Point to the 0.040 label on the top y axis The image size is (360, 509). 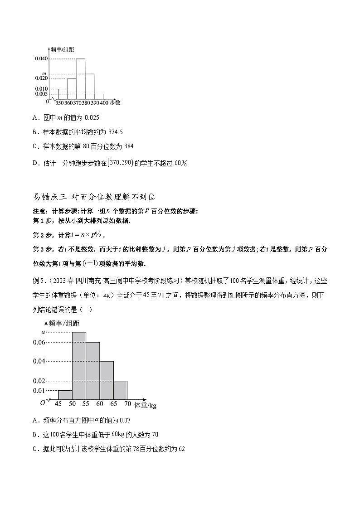click(x=41, y=59)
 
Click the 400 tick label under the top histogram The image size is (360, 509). click(x=104, y=103)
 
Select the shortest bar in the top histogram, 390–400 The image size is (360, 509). click(x=98, y=96)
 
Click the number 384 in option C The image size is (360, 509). click(x=128, y=146)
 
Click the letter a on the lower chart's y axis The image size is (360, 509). click(x=44, y=332)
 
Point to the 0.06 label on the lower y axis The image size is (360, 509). click(x=39, y=342)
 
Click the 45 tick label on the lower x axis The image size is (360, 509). click(x=58, y=404)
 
